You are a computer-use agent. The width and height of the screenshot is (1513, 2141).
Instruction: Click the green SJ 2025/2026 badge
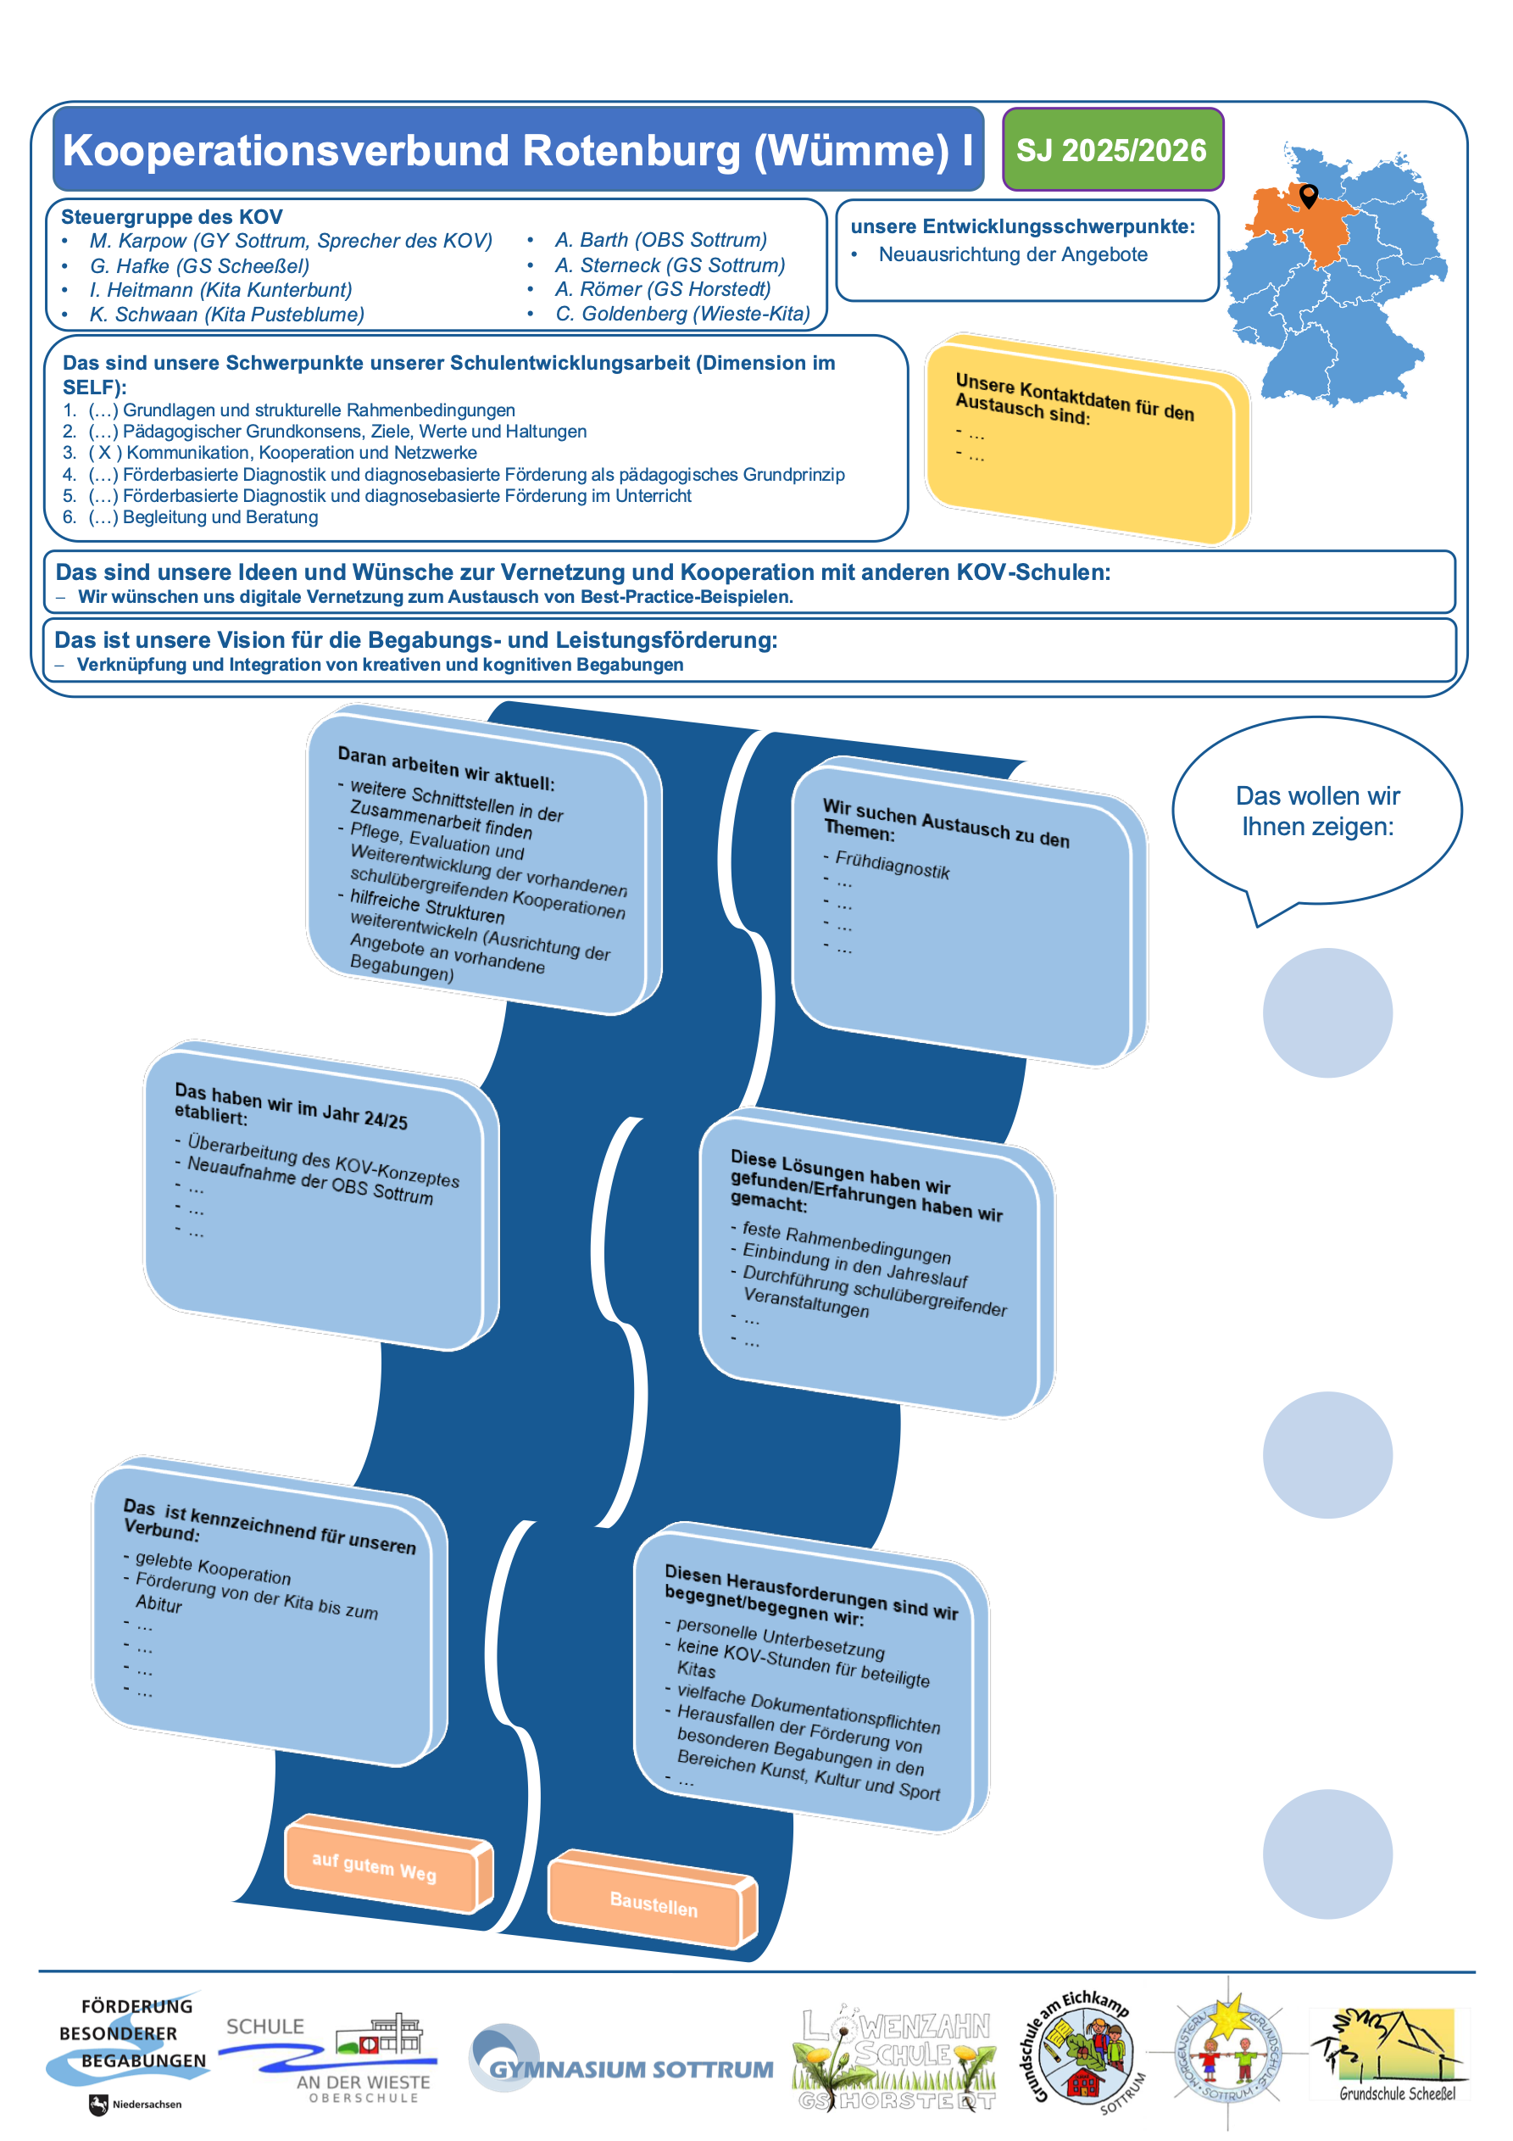click(x=1112, y=150)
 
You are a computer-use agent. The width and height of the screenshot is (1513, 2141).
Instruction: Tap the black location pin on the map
click(x=1309, y=195)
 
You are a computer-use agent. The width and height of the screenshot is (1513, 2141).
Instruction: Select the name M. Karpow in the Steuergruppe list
click(x=138, y=242)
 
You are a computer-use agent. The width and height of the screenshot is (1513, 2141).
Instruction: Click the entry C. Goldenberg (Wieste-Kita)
click(x=682, y=315)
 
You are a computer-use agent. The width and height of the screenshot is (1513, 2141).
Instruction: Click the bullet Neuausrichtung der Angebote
click(x=1012, y=254)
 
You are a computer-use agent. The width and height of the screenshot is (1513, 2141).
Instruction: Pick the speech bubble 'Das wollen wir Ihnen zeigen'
click(x=1316, y=811)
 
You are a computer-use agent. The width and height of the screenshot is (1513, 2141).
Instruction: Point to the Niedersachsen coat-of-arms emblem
click(x=99, y=2105)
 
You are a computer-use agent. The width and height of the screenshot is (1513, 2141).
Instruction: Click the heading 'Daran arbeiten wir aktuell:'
click(x=446, y=768)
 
